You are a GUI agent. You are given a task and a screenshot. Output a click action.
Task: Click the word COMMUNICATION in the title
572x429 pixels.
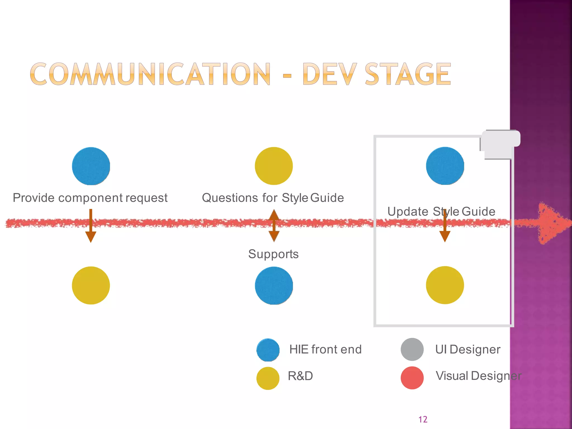pos(150,74)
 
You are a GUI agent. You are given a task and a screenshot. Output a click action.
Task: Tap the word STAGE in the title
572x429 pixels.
pos(407,74)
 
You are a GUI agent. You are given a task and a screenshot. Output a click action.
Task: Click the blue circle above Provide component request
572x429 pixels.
pos(91,166)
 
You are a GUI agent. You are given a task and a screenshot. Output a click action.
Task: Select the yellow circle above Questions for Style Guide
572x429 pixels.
pos(274,166)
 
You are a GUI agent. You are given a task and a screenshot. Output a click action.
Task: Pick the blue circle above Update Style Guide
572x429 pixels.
pos(445,166)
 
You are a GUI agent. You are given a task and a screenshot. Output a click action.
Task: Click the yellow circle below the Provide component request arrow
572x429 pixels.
pos(91,285)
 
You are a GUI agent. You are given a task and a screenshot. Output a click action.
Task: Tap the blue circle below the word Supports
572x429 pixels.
pos(274,285)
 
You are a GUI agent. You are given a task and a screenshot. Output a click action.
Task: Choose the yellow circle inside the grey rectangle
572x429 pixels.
pos(445,285)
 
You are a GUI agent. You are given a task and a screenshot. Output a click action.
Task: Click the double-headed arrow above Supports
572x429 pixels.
pos(274,225)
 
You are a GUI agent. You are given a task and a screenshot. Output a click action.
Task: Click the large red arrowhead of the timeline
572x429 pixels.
pos(552,223)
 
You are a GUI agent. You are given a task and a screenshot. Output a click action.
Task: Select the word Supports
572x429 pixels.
pos(273,254)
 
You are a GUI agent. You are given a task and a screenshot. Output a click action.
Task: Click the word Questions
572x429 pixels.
pos(230,198)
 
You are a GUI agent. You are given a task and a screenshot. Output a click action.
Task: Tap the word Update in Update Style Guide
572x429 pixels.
pos(407,211)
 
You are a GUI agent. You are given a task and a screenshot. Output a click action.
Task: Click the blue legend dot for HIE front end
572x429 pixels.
pos(268,350)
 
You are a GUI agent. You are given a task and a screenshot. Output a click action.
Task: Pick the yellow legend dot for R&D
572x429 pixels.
pos(268,378)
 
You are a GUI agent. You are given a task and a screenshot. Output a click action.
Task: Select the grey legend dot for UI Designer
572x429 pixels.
pos(412,349)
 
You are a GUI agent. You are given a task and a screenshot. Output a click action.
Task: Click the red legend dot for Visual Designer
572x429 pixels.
pos(412,378)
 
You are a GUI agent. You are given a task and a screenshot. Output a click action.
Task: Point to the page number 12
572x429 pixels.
pos(423,419)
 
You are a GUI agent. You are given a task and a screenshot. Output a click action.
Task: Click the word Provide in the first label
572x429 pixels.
pos(34,198)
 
